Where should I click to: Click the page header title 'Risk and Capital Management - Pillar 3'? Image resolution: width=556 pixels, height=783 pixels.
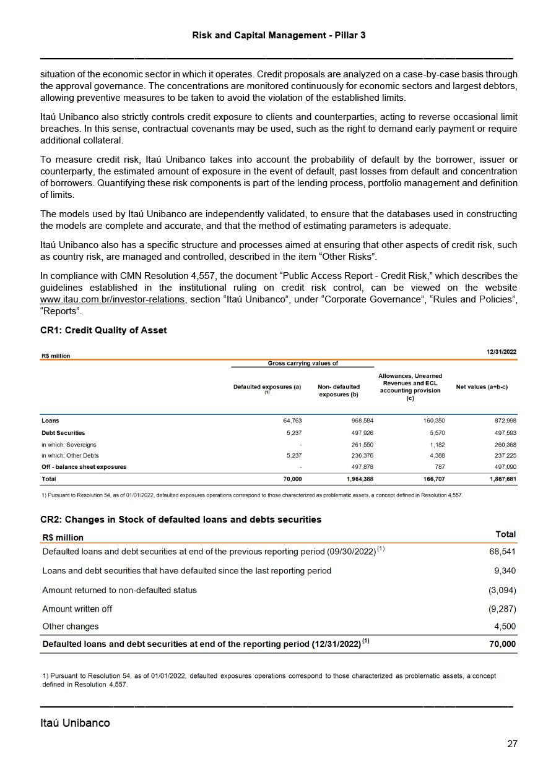tap(279, 35)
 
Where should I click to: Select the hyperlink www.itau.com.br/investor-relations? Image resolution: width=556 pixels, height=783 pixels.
tap(112, 299)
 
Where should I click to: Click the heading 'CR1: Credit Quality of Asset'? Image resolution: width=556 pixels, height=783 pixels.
tap(103, 330)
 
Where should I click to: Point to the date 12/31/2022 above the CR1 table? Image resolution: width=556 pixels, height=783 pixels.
tap(502, 352)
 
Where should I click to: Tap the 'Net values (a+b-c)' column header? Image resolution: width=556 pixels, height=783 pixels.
tap(482, 387)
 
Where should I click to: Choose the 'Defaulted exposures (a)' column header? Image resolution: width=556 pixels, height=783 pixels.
tap(267, 387)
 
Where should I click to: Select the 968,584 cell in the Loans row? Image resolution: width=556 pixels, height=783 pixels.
tap(362, 421)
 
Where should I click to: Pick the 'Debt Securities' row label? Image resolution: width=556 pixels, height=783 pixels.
tap(63, 433)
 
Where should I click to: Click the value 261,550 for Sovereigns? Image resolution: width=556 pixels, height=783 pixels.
tap(362, 445)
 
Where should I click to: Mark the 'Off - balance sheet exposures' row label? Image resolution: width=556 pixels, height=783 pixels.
tap(84, 467)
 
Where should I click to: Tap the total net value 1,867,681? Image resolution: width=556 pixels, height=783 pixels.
tap(502, 479)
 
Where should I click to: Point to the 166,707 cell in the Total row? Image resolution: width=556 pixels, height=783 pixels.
tap(432, 479)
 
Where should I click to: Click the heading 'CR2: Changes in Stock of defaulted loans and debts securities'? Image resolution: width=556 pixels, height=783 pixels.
tap(181, 520)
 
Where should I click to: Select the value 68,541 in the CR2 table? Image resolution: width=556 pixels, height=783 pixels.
tap(503, 551)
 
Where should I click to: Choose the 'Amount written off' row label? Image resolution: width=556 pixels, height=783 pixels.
tap(77, 609)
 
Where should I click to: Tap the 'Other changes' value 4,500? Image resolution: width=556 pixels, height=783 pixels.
tap(505, 626)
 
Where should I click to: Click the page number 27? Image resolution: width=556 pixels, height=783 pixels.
tap(512, 744)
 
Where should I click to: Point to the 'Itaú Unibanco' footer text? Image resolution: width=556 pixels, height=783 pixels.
tap(75, 723)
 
